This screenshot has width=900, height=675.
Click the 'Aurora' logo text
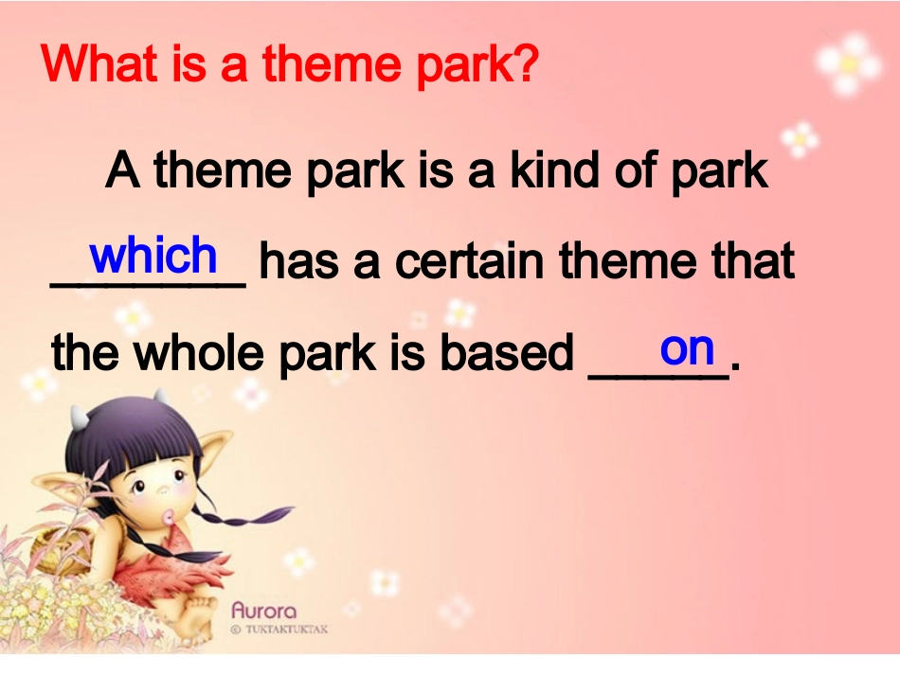pyautogui.click(x=264, y=611)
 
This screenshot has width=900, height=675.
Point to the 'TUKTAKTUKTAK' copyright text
pyautogui.click(x=279, y=630)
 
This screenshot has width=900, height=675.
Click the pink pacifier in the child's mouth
pyautogui.click(x=169, y=517)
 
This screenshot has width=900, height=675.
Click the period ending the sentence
pyautogui.click(x=735, y=365)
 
